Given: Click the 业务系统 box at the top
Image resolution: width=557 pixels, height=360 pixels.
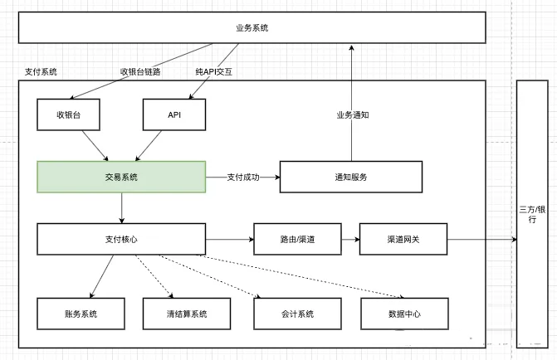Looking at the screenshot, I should (252, 28).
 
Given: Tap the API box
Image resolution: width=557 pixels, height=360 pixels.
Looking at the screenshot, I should (174, 114).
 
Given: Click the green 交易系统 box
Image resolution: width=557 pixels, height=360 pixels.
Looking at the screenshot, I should (121, 177).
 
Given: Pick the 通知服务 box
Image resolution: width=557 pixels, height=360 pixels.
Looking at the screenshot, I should (351, 177).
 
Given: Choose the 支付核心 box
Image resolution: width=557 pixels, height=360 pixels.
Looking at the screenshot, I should (121, 239).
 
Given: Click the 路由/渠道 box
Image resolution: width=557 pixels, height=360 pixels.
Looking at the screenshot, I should (297, 239).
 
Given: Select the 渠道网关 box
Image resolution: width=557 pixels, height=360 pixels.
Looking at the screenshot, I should (403, 239).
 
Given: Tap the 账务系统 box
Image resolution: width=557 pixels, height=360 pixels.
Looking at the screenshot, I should (81, 314).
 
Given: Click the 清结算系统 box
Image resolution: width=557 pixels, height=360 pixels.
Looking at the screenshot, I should (174, 314).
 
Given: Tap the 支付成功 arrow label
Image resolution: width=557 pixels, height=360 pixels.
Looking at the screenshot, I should (243, 177).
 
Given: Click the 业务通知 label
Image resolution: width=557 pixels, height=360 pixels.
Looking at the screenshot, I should (352, 114).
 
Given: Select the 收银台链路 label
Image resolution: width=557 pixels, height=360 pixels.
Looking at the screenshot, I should (140, 72).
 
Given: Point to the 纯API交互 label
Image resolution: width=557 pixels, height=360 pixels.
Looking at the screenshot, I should (214, 72).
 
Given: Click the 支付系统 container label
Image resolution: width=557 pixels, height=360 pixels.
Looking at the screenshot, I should (42, 72).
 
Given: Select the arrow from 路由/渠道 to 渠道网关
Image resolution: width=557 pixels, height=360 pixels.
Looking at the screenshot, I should (349, 239).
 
